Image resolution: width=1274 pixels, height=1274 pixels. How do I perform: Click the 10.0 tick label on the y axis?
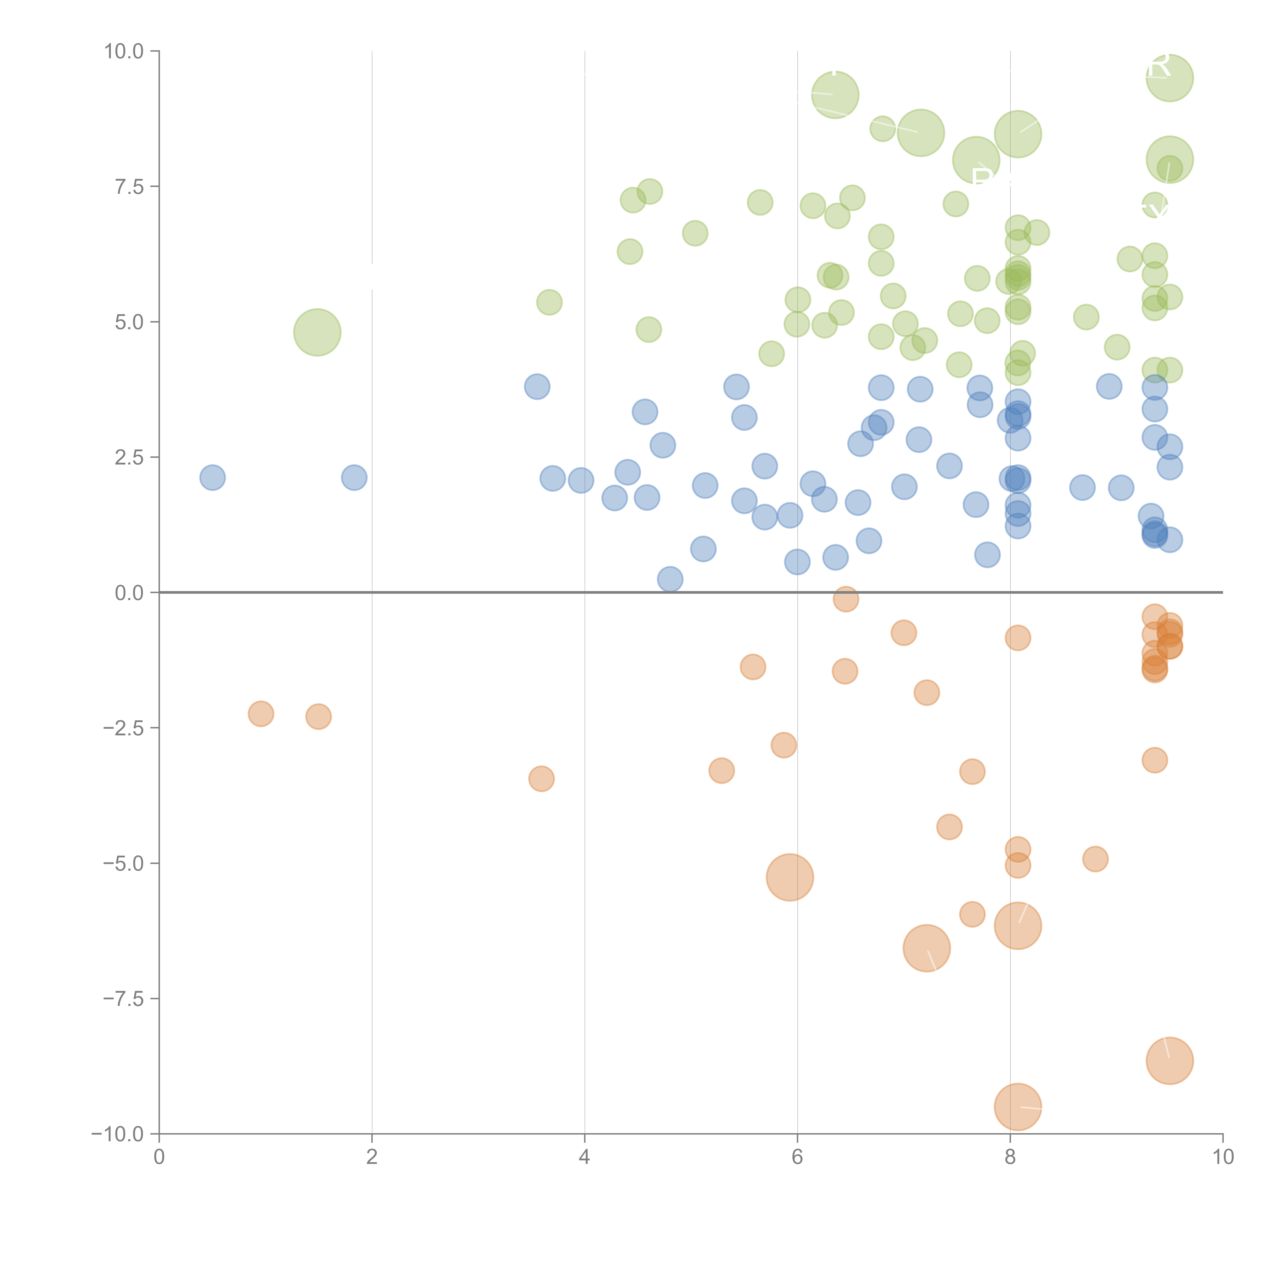(x=124, y=51)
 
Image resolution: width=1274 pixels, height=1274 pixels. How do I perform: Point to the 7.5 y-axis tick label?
(x=129, y=187)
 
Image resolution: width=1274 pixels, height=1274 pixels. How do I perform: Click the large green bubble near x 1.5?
(x=317, y=332)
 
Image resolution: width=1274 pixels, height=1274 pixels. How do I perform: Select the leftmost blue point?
(x=212, y=477)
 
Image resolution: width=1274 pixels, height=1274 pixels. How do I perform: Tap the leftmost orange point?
(x=261, y=713)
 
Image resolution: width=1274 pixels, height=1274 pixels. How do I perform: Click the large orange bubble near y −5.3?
(x=790, y=877)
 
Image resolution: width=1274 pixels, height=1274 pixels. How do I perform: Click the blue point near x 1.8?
(x=354, y=477)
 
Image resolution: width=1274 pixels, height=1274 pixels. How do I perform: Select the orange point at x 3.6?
(x=541, y=779)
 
